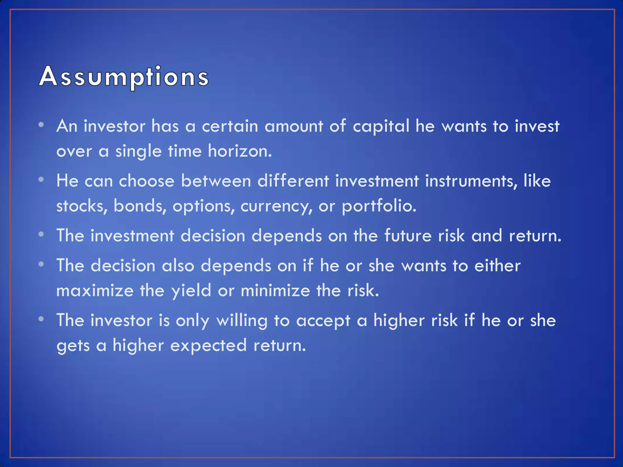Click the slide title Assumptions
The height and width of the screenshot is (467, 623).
[124, 77]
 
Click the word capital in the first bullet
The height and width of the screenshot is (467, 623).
[381, 126]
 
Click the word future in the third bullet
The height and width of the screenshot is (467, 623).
[408, 236]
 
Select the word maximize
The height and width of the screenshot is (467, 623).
[95, 291]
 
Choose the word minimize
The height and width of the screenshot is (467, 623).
[275, 291]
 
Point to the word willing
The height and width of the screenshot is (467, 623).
[242, 321]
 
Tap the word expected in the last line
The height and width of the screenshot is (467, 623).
[208, 346]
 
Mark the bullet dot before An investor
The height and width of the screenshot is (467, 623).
[41, 125]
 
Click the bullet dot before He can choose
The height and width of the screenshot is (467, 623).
[41, 179]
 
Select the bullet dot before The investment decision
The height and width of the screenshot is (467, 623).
[41, 234]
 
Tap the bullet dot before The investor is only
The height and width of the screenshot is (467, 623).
[41, 319]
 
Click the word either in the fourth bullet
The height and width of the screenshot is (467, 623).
[497, 266]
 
